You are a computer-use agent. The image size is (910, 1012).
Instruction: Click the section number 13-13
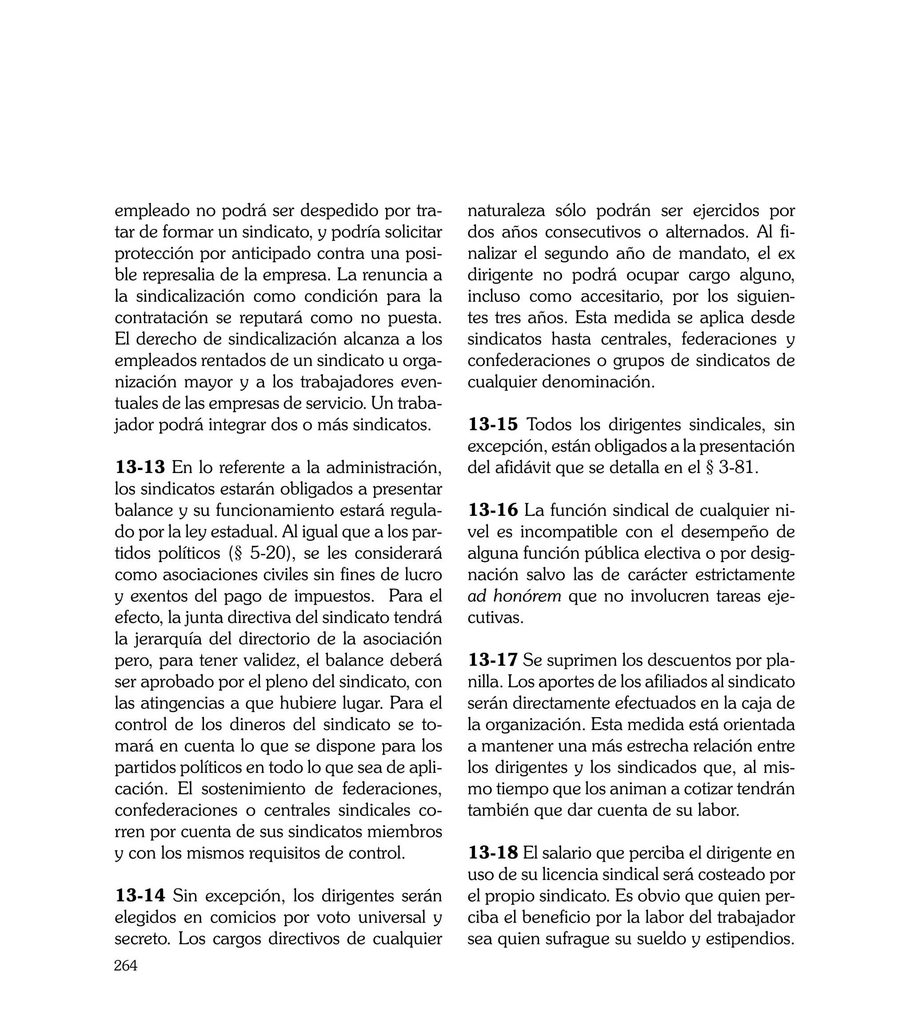pyautogui.click(x=140, y=467)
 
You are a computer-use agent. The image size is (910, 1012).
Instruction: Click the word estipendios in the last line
pyautogui.click(x=750, y=939)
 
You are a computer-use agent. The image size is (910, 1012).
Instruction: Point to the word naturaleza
pyautogui.click(x=507, y=211)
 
